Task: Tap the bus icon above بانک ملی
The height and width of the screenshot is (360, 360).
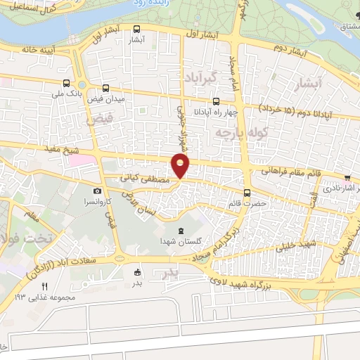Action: [66, 82]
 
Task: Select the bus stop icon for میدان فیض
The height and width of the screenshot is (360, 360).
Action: [105, 88]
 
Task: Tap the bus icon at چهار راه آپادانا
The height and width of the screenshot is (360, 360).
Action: [216, 99]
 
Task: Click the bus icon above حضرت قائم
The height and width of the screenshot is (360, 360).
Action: [247, 193]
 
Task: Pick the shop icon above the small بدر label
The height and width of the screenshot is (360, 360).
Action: [137, 273]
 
